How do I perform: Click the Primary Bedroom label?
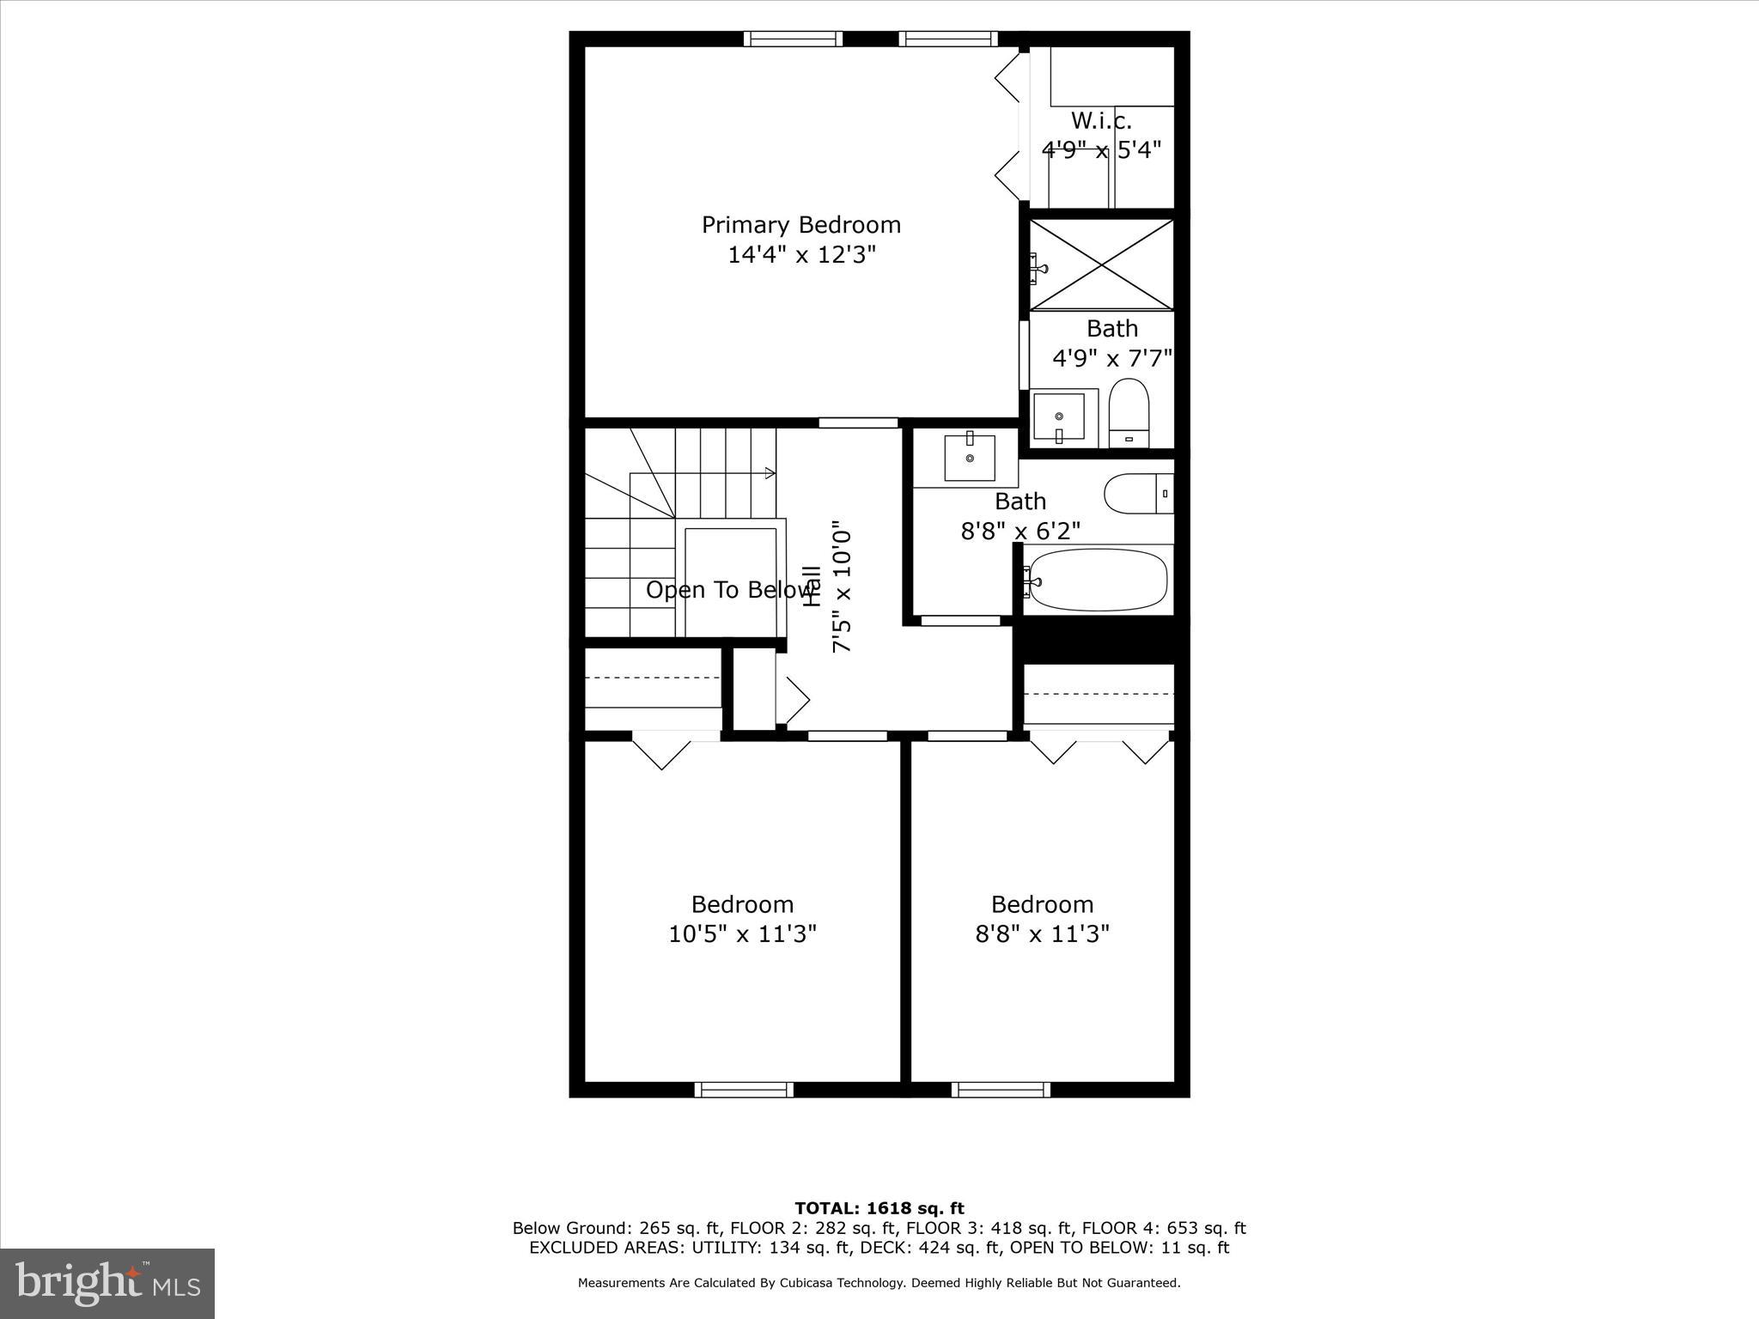pyautogui.click(x=800, y=225)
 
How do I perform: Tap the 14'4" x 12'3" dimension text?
pyautogui.click(x=800, y=255)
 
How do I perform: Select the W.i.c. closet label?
pyautogui.click(x=1100, y=121)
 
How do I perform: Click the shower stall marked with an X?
pyautogui.click(x=1101, y=264)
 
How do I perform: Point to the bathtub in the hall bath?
pyautogui.click(x=1098, y=580)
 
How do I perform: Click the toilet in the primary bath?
pyautogui.click(x=1129, y=412)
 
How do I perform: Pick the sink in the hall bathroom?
pyautogui.click(x=970, y=458)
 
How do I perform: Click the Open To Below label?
pyautogui.click(x=730, y=590)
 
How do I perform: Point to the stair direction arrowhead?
pyautogui.click(x=770, y=473)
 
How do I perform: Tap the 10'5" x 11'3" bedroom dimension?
pyautogui.click(x=742, y=933)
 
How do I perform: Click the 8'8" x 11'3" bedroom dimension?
pyautogui.click(x=1042, y=933)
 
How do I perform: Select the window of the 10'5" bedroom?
pyautogui.click(x=744, y=1090)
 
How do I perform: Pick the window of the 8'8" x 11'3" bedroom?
pyautogui.click(x=1001, y=1090)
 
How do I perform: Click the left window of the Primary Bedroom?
pyautogui.click(x=792, y=39)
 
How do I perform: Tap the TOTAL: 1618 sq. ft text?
pyautogui.click(x=879, y=1208)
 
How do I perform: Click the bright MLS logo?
pyautogui.click(x=107, y=1284)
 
